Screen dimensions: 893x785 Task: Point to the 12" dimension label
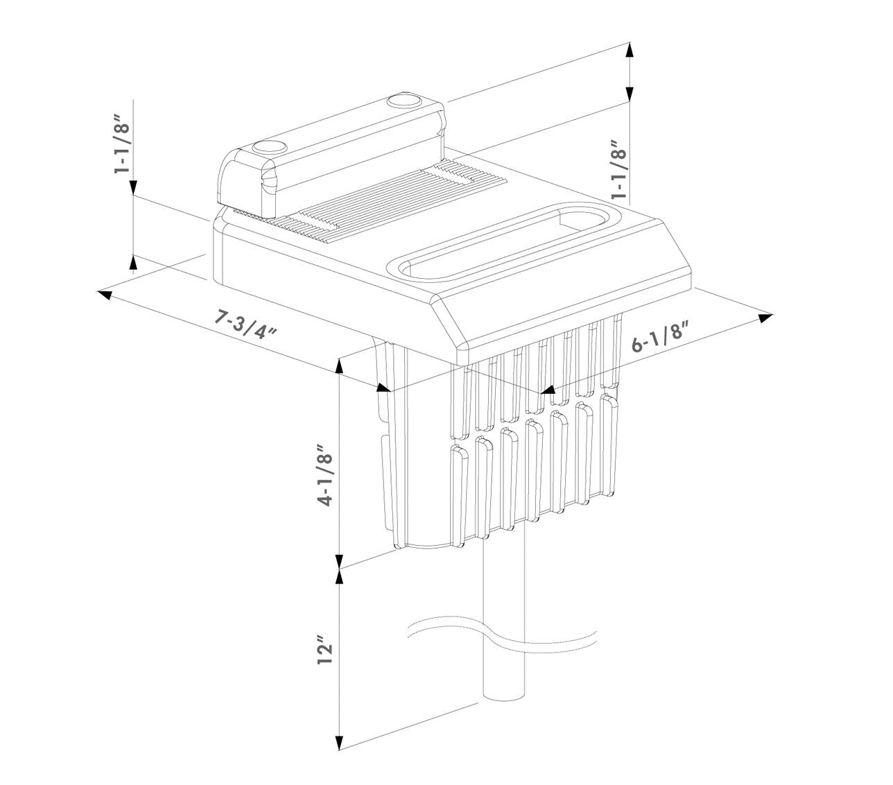(x=325, y=649)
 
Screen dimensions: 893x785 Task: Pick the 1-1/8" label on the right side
(x=618, y=170)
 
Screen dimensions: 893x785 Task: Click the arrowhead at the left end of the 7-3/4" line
(x=105, y=294)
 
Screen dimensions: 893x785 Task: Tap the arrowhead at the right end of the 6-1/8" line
(x=765, y=318)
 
